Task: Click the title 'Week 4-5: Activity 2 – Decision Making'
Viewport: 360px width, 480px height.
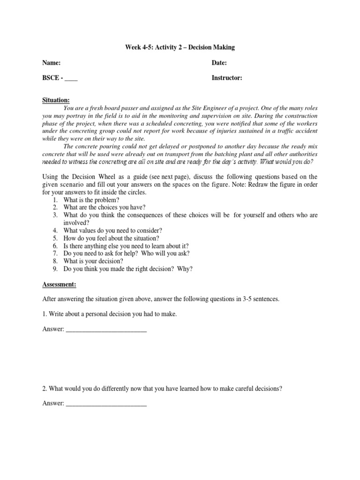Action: (x=180, y=47)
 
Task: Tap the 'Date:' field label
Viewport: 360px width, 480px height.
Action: (x=219, y=63)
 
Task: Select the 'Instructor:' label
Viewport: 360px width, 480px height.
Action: (x=227, y=78)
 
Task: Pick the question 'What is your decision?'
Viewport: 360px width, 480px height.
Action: (x=90, y=261)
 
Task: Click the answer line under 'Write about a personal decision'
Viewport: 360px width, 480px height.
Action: (x=106, y=330)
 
